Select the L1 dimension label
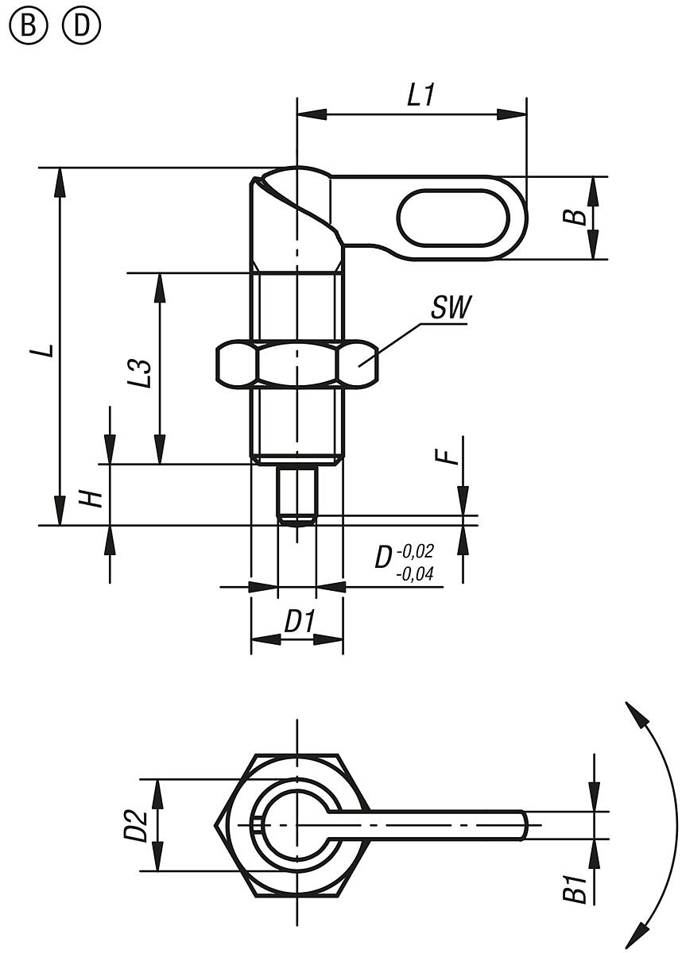(420, 96)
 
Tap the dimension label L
(48, 349)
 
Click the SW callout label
(451, 308)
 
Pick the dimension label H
(93, 498)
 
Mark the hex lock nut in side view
(296, 365)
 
